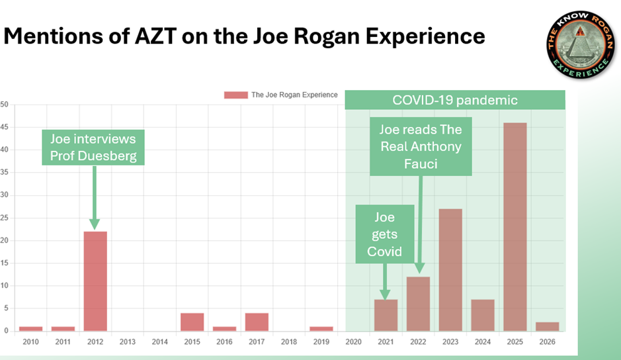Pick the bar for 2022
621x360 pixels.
pyautogui.click(x=418, y=304)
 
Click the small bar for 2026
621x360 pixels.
pyautogui.click(x=548, y=326)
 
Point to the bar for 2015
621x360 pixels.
pyautogui.click(x=192, y=322)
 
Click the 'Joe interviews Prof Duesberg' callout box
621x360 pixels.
pyautogui.click(x=93, y=147)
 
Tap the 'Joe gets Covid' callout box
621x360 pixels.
pyautogui.click(x=384, y=233)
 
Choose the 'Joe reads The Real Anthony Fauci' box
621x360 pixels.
pyautogui.click(x=421, y=146)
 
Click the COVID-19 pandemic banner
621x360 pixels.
pyautogui.click(x=455, y=100)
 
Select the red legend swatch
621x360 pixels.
pyautogui.click(x=236, y=95)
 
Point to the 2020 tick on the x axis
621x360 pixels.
pyautogui.click(x=353, y=341)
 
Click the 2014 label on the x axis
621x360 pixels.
pyautogui.click(x=159, y=341)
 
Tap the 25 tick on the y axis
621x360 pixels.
pyautogui.click(x=4, y=218)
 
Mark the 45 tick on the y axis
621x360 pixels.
pyautogui.click(x=4, y=127)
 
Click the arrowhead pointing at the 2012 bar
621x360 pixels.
pyautogui.click(x=95, y=224)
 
